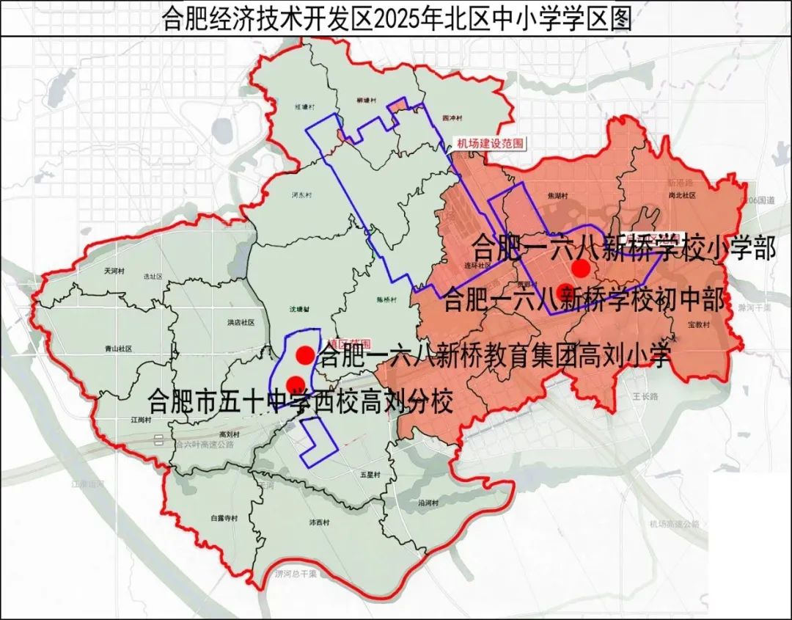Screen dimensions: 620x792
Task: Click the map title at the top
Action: pos(396,18)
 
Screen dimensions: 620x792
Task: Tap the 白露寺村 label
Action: pos(224,518)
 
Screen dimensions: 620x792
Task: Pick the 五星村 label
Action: pos(370,475)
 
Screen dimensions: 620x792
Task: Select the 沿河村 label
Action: pos(428,503)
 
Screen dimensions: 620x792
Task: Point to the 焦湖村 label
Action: pos(559,196)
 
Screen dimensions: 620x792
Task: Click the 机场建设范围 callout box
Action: pos(490,144)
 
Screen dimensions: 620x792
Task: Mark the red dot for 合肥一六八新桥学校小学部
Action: pos(581,268)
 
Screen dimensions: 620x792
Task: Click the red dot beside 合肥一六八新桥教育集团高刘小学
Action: pos(305,355)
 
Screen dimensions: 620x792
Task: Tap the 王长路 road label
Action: pos(645,395)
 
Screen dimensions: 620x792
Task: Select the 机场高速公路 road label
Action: pos(674,524)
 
